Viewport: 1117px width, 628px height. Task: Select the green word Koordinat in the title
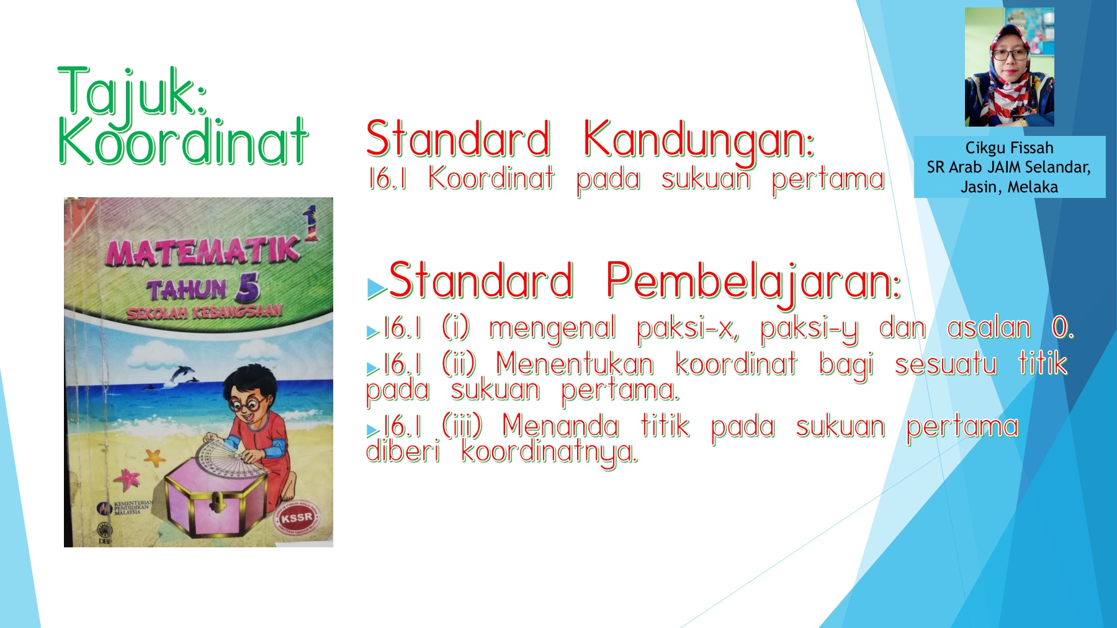point(183,141)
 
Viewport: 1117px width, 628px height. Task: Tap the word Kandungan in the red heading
point(698,142)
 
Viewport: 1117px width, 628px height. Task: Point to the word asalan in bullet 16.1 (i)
point(989,328)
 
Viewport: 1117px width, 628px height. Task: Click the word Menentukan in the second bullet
point(575,364)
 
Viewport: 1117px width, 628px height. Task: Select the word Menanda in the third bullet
point(560,426)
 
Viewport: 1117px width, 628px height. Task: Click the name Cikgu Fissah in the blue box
point(1009,148)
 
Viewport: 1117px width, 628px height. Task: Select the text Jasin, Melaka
point(1009,187)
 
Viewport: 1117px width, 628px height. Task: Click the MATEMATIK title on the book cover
point(202,249)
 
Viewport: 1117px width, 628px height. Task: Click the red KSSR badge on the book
point(296,517)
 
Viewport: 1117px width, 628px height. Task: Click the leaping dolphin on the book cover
point(182,374)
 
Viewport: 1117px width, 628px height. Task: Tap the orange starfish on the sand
point(154,459)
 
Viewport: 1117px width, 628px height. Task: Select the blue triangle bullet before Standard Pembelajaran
point(376,288)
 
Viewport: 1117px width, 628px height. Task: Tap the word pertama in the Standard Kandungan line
point(828,181)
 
